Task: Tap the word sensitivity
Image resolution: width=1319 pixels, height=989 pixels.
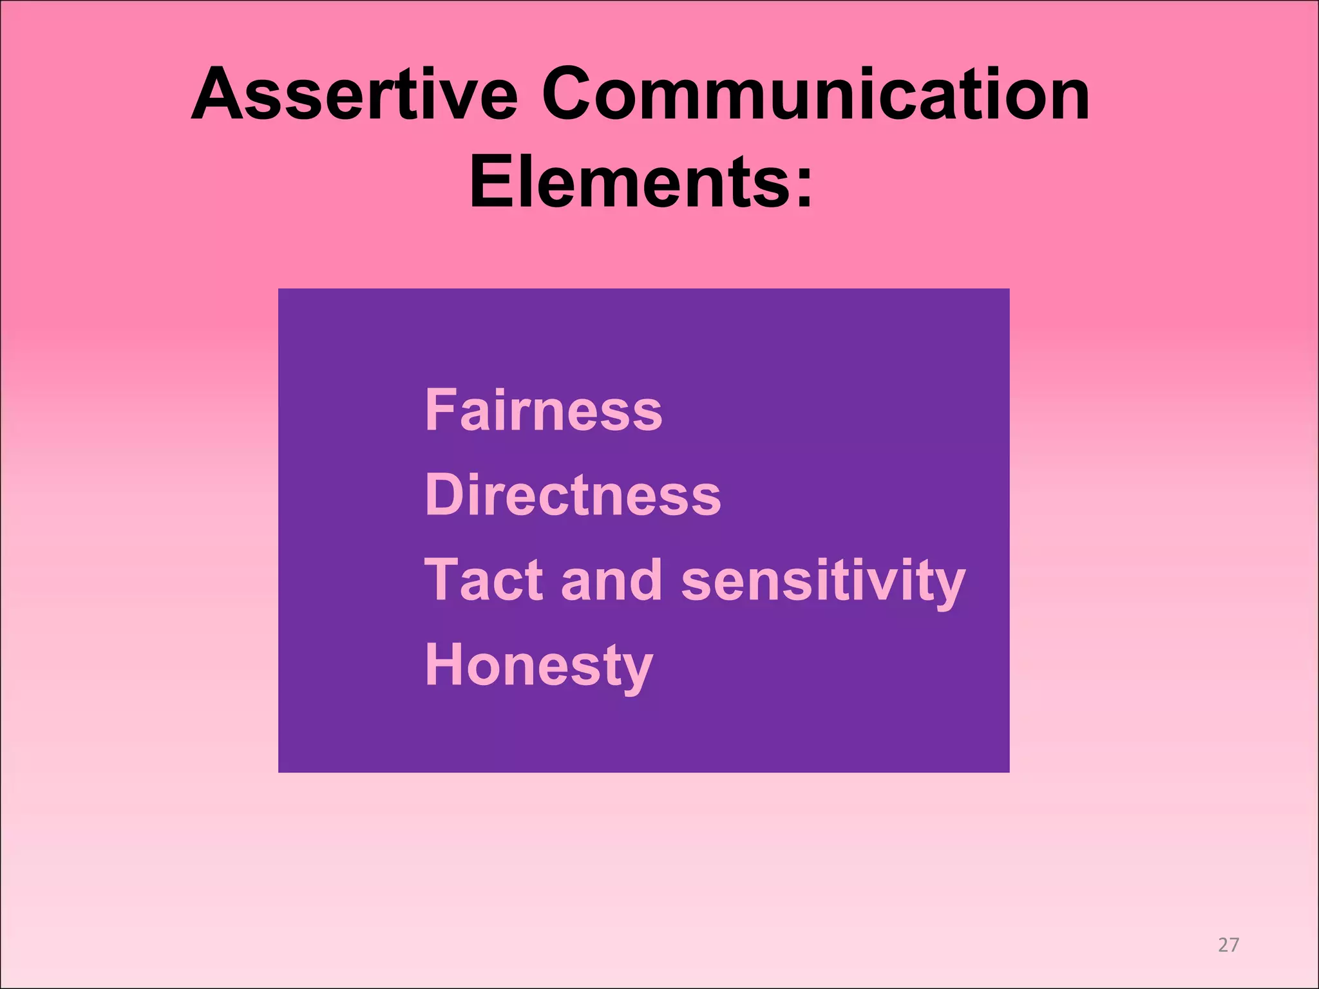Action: [823, 581]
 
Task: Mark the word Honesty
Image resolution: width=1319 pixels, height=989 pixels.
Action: [539, 666]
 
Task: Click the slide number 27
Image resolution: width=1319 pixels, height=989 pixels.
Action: [1228, 945]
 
